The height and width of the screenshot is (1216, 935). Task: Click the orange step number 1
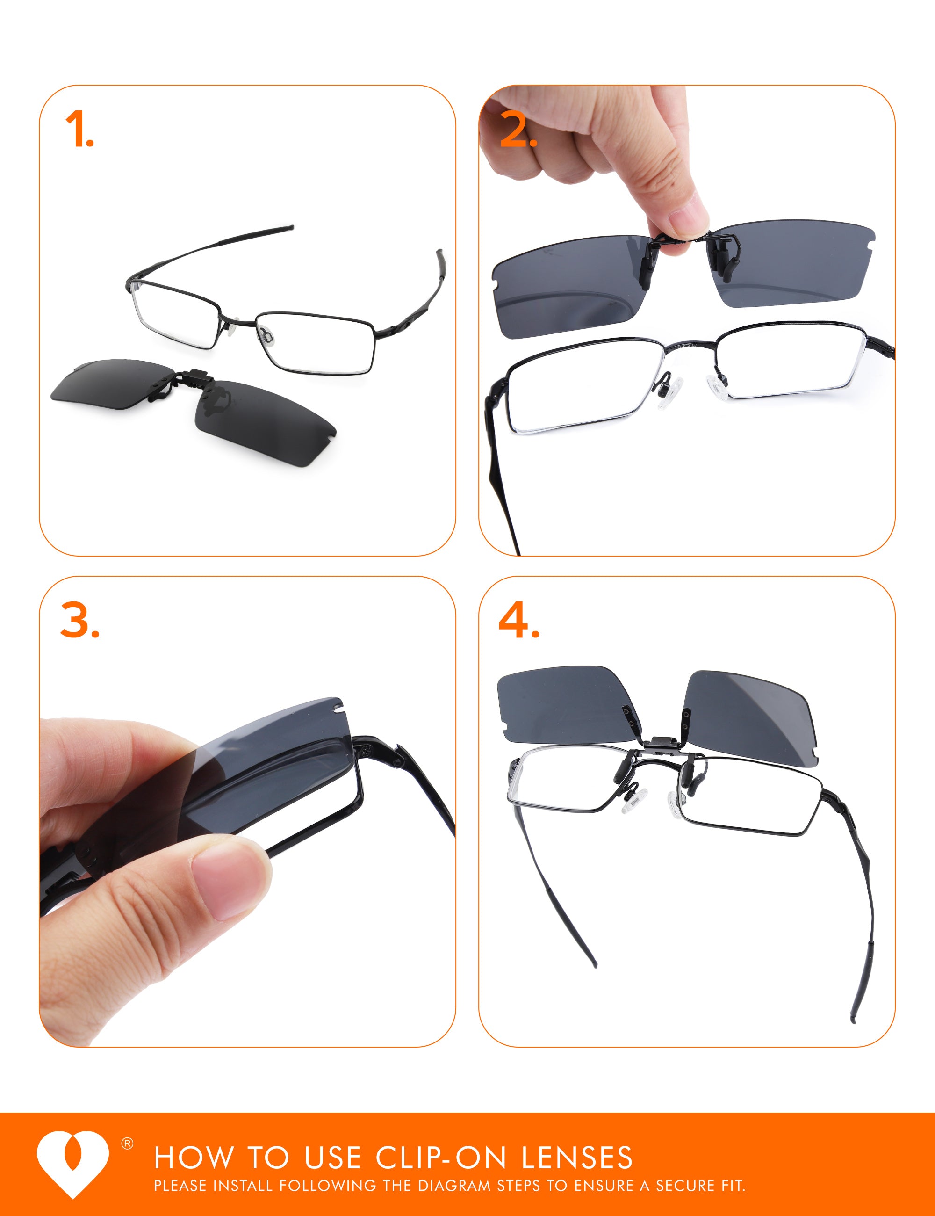click(79, 129)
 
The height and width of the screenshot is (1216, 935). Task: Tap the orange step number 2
click(518, 129)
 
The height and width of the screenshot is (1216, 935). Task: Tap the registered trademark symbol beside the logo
click(128, 1144)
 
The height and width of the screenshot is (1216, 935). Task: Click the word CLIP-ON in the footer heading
click(441, 1158)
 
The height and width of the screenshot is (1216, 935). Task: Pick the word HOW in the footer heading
click(194, 1158)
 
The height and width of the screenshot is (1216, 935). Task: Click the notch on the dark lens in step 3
click(335, 708)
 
